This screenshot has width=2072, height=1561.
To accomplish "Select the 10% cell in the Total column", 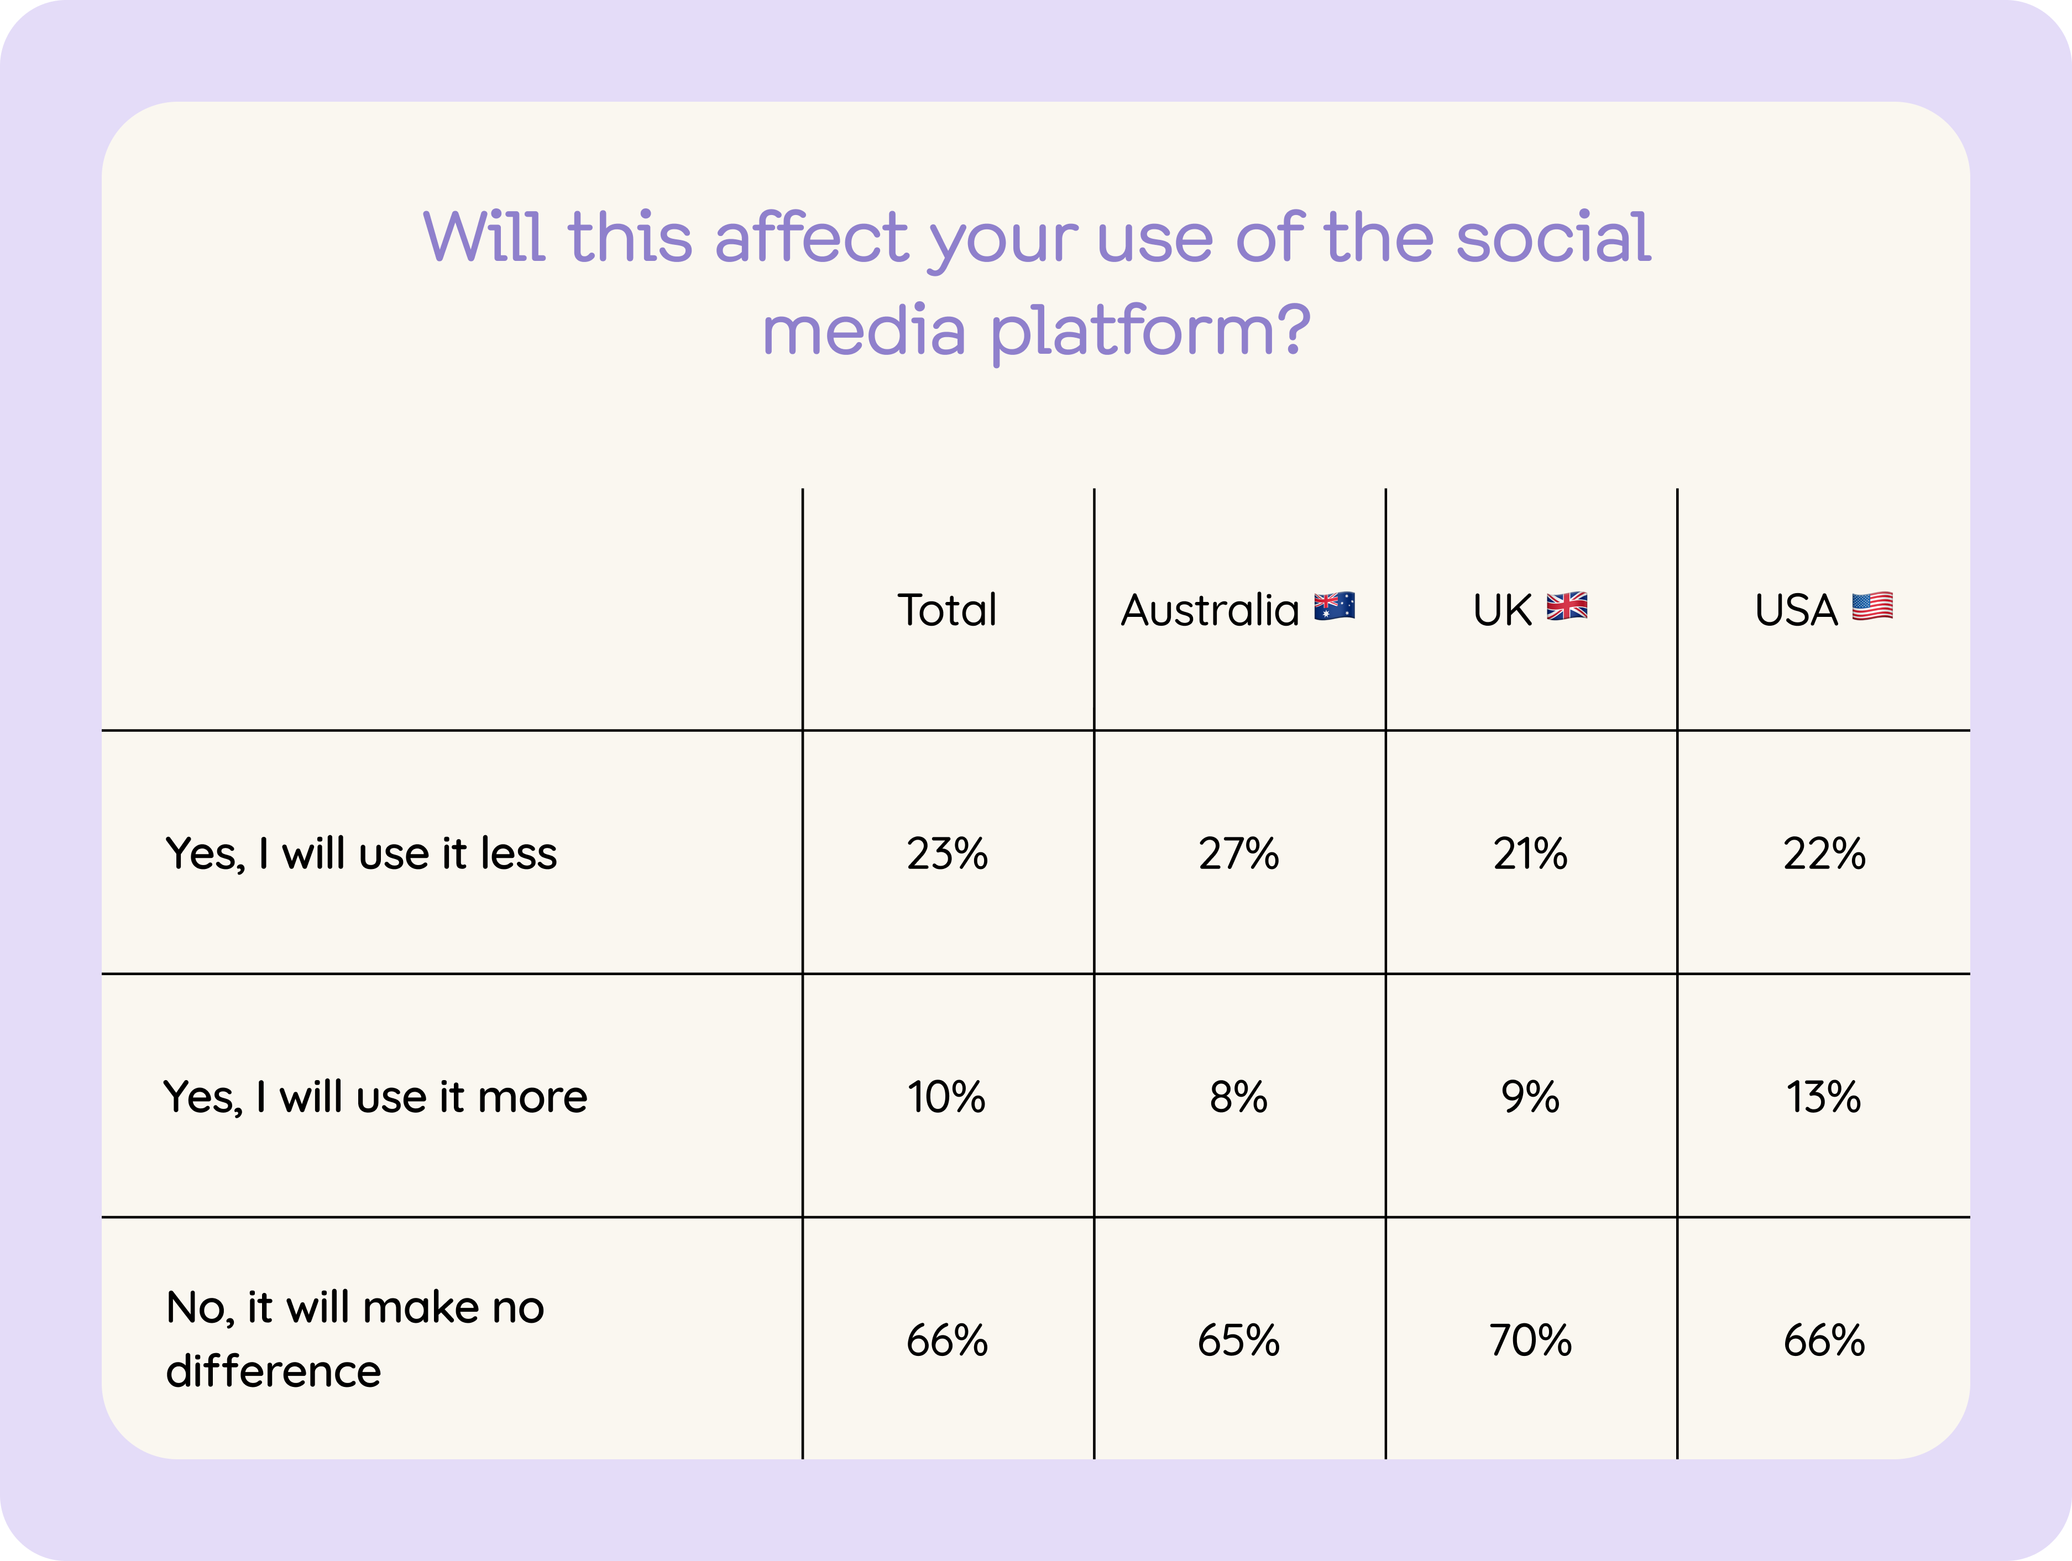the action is pos(946,1097).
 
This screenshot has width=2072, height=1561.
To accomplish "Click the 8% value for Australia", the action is pos(1238,1097).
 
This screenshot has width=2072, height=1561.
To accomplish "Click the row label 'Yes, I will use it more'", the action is pos(375,1097).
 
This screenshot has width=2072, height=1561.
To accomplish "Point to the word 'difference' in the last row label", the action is pos(274,1371).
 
